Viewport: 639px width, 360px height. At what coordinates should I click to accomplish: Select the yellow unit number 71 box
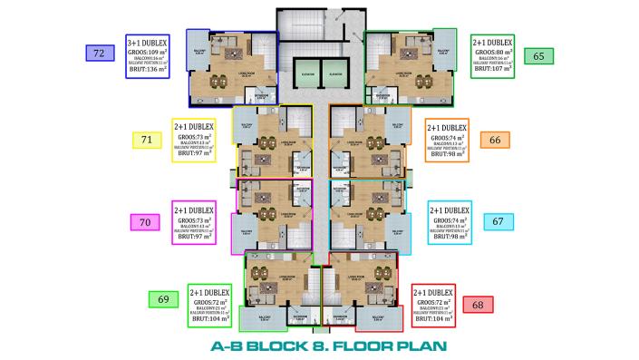[146, 139]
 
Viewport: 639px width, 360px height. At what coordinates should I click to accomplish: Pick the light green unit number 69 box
[163, 299]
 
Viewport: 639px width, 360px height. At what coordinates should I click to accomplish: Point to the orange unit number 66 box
[494, 140]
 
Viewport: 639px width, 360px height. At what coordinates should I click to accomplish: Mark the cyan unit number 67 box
[497, 221]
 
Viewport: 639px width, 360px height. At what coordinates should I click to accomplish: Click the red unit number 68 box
[478, 304]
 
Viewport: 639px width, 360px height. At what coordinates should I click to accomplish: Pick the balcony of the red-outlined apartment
[380, 316]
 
